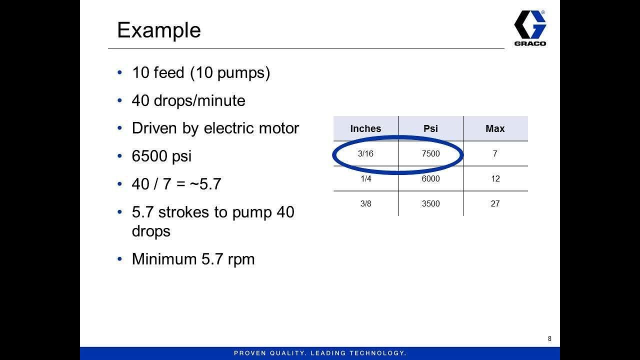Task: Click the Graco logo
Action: click(x=530, y=28)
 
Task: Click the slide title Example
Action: click(x=158, y=30)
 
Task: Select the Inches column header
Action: click(x=365, y=128)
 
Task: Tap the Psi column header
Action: click(x=430, y=128)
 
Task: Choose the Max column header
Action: click(x=495, y=128)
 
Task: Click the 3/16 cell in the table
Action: click(x=365, y=153)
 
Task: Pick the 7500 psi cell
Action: click(x=430, y=153)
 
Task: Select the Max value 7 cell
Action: click(x=495, y=153)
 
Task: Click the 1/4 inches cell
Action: click(x=365, y=178)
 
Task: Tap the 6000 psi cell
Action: click(x=430, y=178)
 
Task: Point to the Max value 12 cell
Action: click(x=495, y=178)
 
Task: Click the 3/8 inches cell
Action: click(x=365, y=203)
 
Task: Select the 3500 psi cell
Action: click(x=430, y=203)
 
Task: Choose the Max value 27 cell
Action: click(x=495, y=203)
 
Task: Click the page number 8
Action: click(x=549, y=338)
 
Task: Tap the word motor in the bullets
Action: click(x=278, y=128)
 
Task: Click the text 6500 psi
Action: click(x=161, y=156)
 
